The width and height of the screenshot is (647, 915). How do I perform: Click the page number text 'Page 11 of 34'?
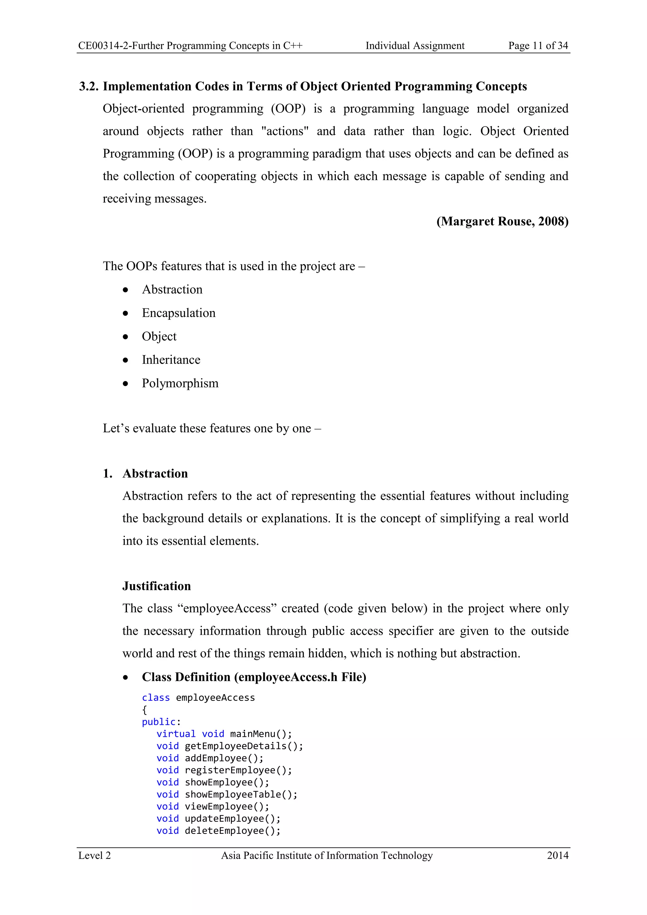538,46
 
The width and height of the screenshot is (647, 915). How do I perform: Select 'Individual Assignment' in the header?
415,46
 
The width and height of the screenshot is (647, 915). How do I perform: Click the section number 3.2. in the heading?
89,87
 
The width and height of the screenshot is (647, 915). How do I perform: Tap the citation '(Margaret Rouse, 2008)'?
502,221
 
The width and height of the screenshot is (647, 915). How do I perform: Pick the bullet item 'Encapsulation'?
178,313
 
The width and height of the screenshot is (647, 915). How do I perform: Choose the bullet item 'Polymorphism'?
180,383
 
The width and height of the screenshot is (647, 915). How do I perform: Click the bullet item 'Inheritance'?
171,360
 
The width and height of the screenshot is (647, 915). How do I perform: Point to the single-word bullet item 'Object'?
159,336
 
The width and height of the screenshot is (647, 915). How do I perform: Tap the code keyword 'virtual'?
176,734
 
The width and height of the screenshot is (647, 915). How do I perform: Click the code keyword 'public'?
159,722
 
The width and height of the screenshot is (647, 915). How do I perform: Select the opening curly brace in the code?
144,710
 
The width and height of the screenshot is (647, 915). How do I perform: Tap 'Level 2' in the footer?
94,856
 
